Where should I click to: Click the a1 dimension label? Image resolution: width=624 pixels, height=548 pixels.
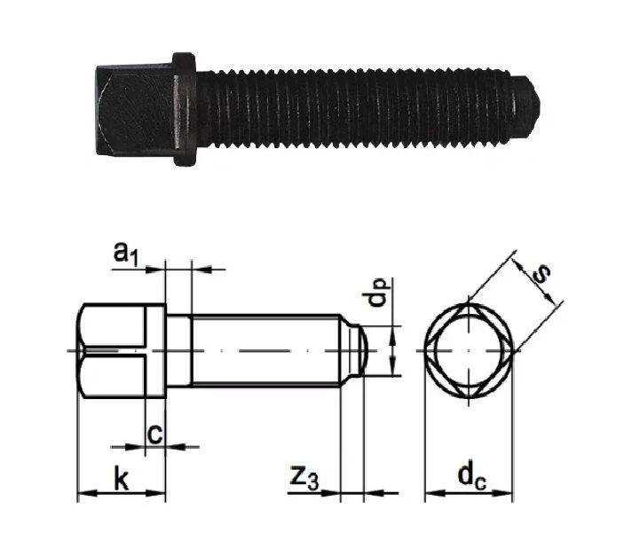(x=126, y=254)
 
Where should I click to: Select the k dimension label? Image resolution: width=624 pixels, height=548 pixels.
(x=122, y=479)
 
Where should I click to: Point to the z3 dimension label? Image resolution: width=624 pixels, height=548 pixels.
(x=304, y=479)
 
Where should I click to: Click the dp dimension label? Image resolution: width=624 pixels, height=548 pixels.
(x=377, y=294)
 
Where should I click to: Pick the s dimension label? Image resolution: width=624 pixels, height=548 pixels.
(x=541, y=274)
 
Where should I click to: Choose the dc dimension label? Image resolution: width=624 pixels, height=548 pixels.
(x=472, y=477)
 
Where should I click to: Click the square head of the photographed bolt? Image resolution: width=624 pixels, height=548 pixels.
(x=135, y=110)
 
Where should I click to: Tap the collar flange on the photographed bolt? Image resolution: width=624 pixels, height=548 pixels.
(x=184, y=109)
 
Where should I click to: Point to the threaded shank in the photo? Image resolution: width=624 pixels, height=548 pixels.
(x=353, y=108)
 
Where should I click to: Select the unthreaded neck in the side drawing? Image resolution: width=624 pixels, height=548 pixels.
(x=178, y=350)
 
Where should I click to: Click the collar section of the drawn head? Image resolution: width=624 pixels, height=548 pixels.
(x=155, y=351)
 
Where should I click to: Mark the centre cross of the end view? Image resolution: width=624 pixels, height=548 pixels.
(x=469, y=351)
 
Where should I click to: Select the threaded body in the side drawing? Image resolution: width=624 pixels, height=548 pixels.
(x=266, y=350)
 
